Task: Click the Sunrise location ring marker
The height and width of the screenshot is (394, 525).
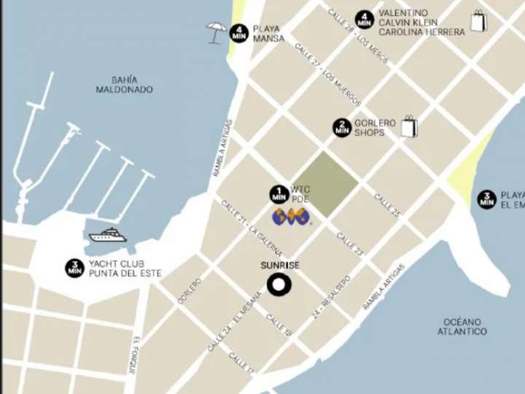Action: tap(278, 286)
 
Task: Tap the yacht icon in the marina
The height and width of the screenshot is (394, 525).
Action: tap(108, 235)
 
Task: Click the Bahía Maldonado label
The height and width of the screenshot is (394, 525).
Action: tap(124, 85)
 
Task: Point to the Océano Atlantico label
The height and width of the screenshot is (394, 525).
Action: tap(462, 326)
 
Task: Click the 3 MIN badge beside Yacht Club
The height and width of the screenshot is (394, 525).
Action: tap(74, 268)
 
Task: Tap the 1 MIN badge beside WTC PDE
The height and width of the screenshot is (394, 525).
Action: tap(279, 194)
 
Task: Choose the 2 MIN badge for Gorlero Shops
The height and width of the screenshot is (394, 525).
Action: tap(342, 128)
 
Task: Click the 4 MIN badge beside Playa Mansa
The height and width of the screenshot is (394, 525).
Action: tap(239, 33)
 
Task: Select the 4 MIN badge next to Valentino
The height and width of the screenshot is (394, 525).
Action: tap(365, 20)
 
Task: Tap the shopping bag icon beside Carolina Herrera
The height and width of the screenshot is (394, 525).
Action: tap(478, 21)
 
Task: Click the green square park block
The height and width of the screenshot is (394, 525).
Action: tap(327, 184)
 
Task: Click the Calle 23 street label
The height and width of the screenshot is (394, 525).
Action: tap(350, 244)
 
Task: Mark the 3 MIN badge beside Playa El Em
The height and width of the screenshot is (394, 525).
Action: tap(487, 199)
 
